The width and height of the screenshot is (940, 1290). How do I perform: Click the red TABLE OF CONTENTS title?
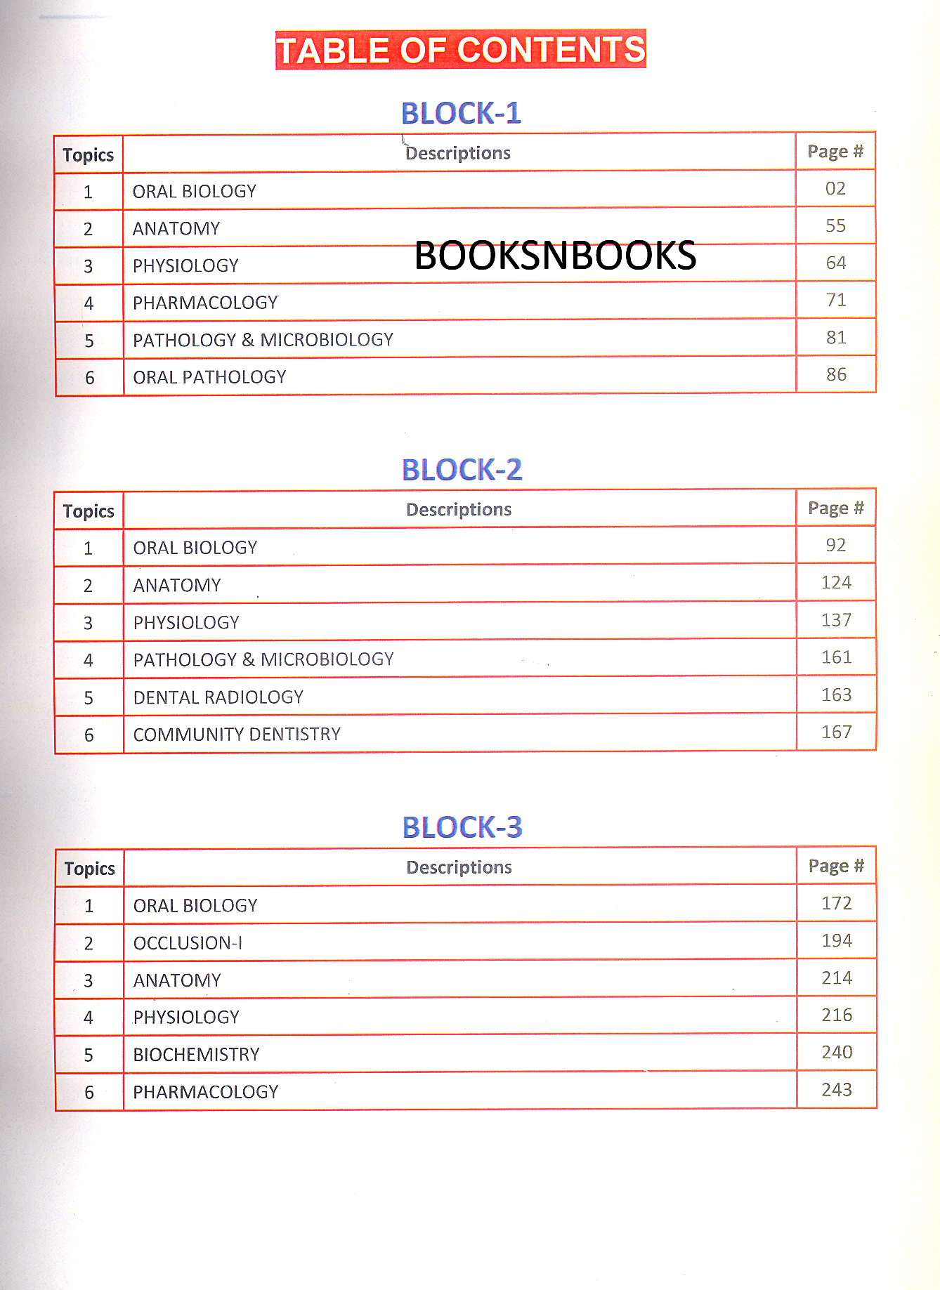point(460,50)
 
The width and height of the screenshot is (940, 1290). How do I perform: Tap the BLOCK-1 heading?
point(461,113)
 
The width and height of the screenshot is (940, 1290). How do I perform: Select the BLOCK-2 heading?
point(462,470)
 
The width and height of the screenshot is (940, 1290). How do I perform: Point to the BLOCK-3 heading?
point(462,827)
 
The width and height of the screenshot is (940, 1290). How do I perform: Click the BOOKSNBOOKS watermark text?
point(555,256)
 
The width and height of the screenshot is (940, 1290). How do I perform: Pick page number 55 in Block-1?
point(835,226)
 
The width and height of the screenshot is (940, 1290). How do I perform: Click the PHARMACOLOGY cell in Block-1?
point(205,303)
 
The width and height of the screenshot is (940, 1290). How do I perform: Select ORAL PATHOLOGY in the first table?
point(209,377)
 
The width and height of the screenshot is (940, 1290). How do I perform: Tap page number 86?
point(836,375)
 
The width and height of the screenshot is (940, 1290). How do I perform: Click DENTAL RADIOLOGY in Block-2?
point(218,697)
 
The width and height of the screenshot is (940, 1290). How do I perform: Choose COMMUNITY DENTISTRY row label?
point(237,735)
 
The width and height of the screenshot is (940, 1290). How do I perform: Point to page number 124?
point(836,583)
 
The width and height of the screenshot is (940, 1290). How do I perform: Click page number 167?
point(836,732)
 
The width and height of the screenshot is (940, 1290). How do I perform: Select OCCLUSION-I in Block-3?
point(188,943)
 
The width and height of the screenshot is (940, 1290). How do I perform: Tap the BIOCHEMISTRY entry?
point(196,1055)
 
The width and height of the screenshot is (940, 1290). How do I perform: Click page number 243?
point(837,1090)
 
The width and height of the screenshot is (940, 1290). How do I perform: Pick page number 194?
point(837,941)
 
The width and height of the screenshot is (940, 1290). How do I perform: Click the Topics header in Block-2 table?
point(89,511)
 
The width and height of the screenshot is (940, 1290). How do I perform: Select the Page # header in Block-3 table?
point(836,866)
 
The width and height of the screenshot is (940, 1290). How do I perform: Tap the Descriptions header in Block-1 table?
point(458,153)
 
